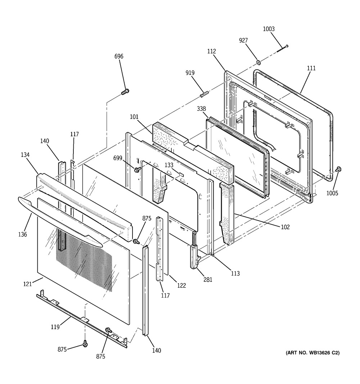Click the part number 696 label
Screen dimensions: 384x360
click(119, 56)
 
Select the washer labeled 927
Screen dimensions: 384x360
click(258, 63)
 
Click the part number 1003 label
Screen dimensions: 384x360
click(269, 29)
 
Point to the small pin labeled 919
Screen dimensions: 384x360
click(203, 94)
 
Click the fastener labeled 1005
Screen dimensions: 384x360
click(338, 169)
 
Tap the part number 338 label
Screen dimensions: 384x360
click(202, 108)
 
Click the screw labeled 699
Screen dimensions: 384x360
click(137, 169)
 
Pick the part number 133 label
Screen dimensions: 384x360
click(169, 165)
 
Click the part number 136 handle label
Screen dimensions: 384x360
click(22, 234)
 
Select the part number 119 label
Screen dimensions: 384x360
click(55, 327)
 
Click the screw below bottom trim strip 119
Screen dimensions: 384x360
click(85, 344)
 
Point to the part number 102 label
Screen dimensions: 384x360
click(285, 227)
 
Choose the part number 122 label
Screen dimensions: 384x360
click(181, 285)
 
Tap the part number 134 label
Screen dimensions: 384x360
click(25, 155)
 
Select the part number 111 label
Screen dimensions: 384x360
click(311, 68)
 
